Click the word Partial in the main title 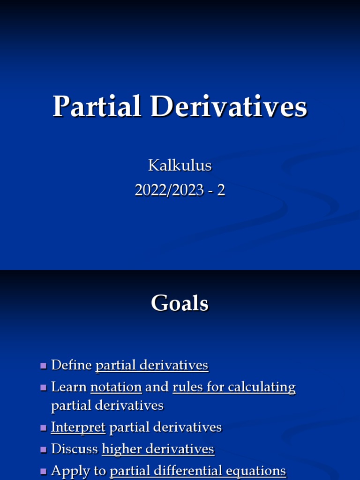pyautogui.click(x=97, y=106)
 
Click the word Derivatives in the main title pyautogui.click(x=228, y=106)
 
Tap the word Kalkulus pyautogui.click(x=180, y=165)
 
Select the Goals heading pyautogui.click(x=180, y=303)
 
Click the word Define pyautogui.click(x=72, y=365)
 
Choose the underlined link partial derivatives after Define pyautogui.click(x=152, y=365)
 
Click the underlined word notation pyautogui.click(x=116, y=387)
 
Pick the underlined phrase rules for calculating pyautogui.click(x=234, y=387)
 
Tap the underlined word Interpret pyautogui.click(x=78, y=427)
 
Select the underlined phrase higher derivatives pyautogui.click(x=158, y=449)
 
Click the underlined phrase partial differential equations pyautogui.click(x=198, y=471)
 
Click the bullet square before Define pyautogui.click(x=44, y=366)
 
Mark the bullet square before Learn pyautogui.click(x=44, y=388)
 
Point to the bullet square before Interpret pyautogui.click(x=44, y=428)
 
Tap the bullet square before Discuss pyautogui.click(x=44, y=450)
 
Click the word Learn pyautogui.click(x=69, y=387)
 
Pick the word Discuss pyautogui.click(x=75, y=449)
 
